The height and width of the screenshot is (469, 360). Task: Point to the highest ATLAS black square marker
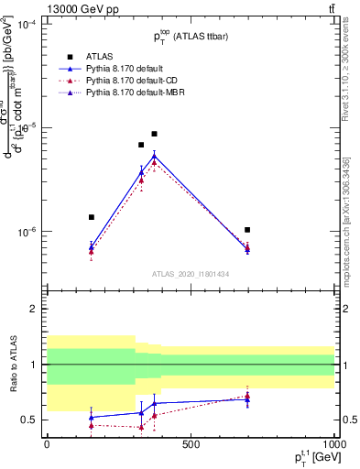(155, 134)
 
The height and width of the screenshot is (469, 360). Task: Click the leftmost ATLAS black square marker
(92, 217)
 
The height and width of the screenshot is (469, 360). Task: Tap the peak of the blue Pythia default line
(155, 155)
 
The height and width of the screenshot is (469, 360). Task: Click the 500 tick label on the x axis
(191, 444)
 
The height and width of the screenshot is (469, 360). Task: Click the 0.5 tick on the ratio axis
(28, 420)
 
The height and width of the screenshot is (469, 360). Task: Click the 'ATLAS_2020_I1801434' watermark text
(190, 275)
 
